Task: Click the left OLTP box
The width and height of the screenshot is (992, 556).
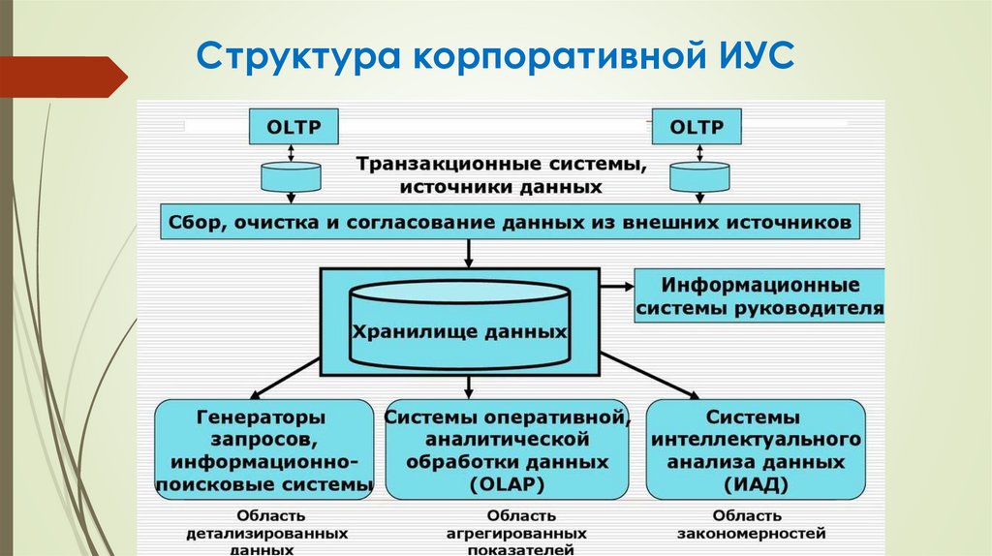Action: [291, 128]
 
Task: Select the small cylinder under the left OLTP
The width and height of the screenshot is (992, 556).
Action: [291, 176]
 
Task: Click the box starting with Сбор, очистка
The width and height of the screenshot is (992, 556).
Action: [510, 222]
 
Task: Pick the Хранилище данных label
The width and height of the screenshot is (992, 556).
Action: [458, 330]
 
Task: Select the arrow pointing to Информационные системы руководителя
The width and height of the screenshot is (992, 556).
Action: [616, 287]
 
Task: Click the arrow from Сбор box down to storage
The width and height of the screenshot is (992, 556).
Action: [469, 253]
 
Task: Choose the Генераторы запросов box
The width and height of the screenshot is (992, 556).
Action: [263, 449]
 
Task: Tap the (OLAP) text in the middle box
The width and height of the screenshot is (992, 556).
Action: [508, 482]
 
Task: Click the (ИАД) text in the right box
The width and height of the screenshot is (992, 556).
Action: [754, 482]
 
